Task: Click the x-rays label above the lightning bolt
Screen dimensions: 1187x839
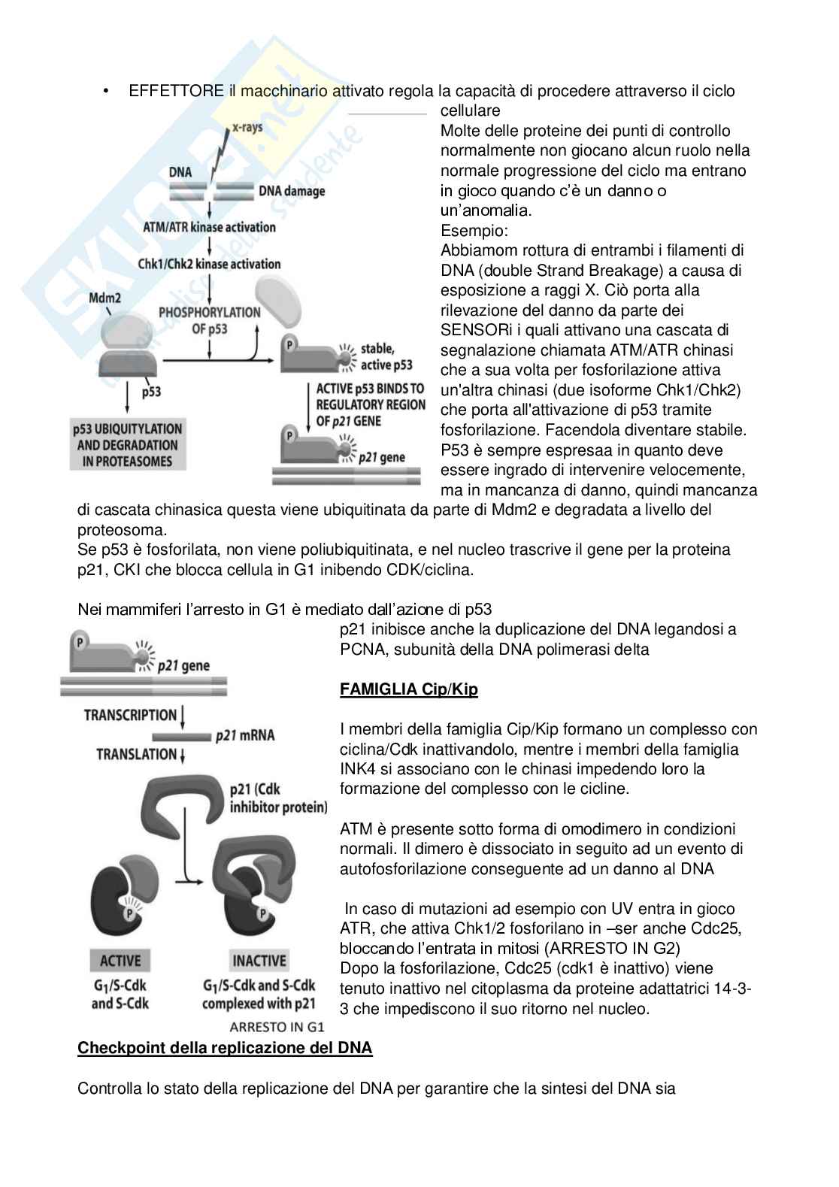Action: click(247, 127)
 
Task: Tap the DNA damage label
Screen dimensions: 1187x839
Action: click(292, 191)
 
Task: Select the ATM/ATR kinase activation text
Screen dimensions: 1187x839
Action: click(209, 227)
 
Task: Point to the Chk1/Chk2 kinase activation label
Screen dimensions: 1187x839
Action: click(209, 264)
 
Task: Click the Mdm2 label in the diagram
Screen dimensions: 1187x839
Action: click(104, 298)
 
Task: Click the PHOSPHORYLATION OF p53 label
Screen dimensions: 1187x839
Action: click(209, 320)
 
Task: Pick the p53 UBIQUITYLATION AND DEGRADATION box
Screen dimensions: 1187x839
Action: click(128, 445)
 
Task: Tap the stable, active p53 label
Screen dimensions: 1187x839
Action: click(386, 357)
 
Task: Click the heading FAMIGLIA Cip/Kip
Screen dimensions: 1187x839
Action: click(408, 689)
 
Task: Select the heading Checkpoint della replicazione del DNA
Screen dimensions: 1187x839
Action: click(225, 1048)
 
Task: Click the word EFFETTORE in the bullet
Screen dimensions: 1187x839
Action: click(176, 91)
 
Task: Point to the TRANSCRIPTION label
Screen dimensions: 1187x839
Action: click(130, 715)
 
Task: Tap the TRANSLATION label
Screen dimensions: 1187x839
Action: click(136, 754)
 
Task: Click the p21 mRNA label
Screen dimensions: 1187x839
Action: click(244, 735)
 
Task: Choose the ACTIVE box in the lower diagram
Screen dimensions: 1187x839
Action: click(120, 961)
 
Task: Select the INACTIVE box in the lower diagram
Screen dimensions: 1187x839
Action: click(259, 961)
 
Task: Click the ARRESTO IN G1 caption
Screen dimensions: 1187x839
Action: click(277, 1027)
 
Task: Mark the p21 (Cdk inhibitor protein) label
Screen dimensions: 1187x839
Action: click(278, 798)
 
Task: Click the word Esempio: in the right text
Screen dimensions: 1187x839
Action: click(474, 231)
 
